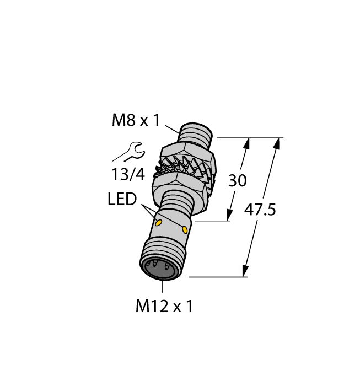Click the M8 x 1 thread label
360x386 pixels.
[136, 120]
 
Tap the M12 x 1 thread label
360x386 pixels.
[164, 307]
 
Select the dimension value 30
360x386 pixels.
[238, 180]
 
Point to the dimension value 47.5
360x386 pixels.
[260, 210]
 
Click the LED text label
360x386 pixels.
[122, 199]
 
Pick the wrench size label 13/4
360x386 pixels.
[128, 174]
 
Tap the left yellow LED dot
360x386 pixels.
[158, 223]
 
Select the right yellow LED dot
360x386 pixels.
[184, 230]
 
